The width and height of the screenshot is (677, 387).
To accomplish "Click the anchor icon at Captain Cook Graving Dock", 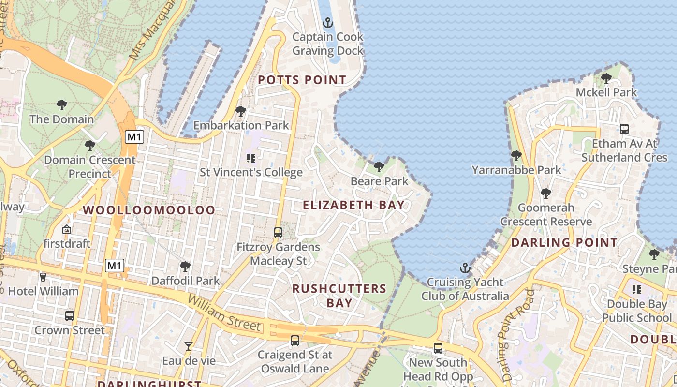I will tap(328, 23).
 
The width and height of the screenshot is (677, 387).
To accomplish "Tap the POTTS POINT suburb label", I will tap(302, 80).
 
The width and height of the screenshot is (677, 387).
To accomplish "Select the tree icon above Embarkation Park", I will tap(241, 111).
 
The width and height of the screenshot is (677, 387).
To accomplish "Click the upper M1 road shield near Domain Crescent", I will tap(134, 137).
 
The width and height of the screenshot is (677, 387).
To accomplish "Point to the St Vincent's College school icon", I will tap(251, 158).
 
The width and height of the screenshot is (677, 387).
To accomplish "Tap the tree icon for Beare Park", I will tap(379, 167).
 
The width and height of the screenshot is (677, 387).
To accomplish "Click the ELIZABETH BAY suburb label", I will tap(353, 205).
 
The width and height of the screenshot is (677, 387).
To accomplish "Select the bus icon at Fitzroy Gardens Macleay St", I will tap(278, 232).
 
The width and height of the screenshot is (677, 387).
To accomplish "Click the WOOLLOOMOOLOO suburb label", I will tap(149, 210).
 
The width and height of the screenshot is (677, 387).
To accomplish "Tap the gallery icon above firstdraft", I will tap(67, 229).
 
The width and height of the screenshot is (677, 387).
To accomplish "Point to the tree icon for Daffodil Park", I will tap(185, 266).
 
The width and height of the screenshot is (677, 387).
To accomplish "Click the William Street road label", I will tap(224, 314).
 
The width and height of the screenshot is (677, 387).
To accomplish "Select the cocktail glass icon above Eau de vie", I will tap(189, 346).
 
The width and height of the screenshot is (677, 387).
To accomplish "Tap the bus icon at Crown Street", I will tap(70, 316).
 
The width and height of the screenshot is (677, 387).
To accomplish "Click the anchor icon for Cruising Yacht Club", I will tap(465, 268).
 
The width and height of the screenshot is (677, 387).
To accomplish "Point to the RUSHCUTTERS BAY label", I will tap(339, 296).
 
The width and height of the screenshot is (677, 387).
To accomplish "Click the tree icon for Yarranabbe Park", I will tap(516, 156).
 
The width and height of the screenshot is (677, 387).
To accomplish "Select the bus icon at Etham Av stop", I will tap(624, 129).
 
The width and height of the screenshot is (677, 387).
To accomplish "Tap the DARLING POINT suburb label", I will tap(564, 243).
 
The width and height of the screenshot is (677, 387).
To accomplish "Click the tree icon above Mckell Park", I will tap(606, 78).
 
